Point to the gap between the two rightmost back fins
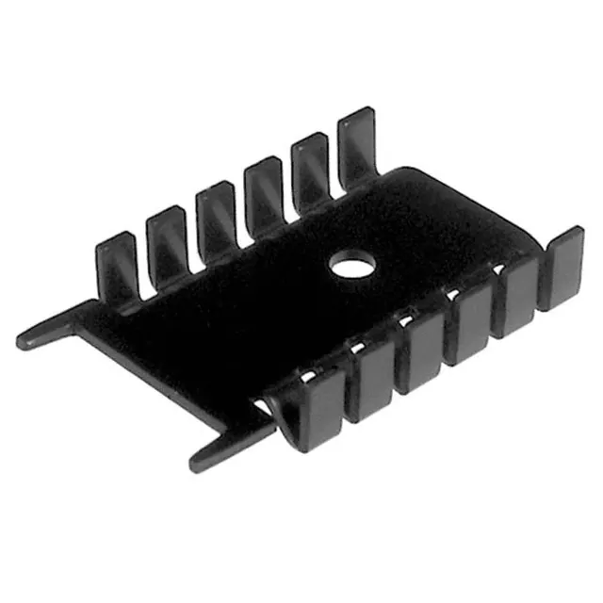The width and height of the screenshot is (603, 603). click(334, 170)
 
